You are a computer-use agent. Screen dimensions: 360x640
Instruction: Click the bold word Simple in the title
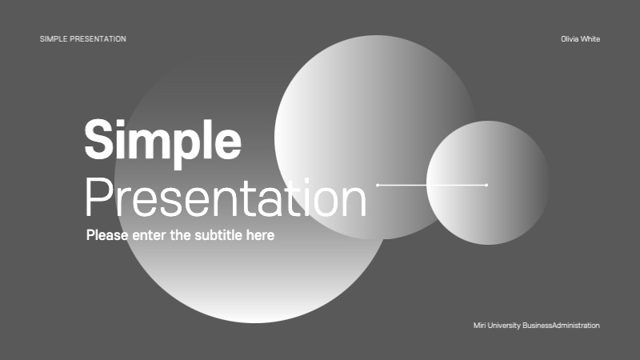(162, 140)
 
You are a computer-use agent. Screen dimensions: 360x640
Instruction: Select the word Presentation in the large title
(226, 198)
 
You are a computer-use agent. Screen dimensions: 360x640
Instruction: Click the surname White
(590, 39)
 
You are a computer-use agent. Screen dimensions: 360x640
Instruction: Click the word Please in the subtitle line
(106, 235)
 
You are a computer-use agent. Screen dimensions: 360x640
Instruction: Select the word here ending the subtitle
(261, 235)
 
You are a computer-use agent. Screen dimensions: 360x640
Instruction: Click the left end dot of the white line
(378, 185)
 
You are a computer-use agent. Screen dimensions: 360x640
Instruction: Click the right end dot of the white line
(486, 185)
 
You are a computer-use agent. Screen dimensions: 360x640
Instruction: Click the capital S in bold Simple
(99, 140)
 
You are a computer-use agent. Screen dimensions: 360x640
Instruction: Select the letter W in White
(584, 39)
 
